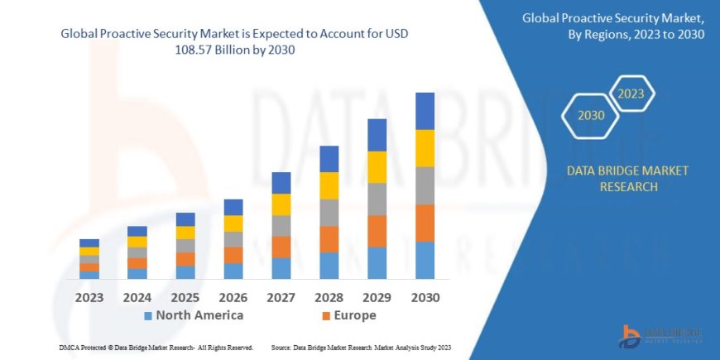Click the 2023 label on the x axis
(89, 296)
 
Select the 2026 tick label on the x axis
(233, 296)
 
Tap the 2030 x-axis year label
(425, 296)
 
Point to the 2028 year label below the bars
(329, 296)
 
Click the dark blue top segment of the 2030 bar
(425, 111)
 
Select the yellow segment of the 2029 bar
(377, 167)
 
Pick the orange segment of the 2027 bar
(281, 247)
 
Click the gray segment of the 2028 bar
(329, 213)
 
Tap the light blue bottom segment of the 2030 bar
(425, 260)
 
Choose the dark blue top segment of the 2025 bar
(185, 219)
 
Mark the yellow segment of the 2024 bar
(137, 242)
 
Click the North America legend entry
(194, 315)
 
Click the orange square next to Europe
(326, 316)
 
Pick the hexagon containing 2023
(630, 94)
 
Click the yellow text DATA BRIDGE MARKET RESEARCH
(626, 179)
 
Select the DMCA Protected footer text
(156, 348)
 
